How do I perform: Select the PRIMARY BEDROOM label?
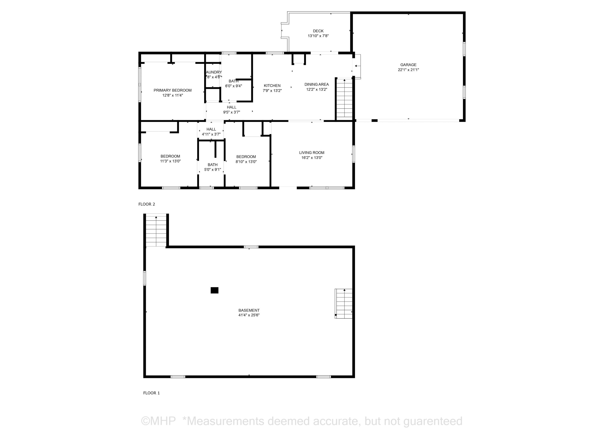tap(172, 90)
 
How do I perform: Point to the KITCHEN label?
tap(272, 86)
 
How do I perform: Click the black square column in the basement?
tap(214, 290)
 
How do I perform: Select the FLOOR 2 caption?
tap(147, 204)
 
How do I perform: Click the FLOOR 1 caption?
tap(151, 393)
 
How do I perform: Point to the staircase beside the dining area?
tap(344, 98)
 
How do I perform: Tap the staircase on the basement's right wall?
tap(343, 303)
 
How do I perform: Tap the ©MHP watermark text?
tap(158, 421)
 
